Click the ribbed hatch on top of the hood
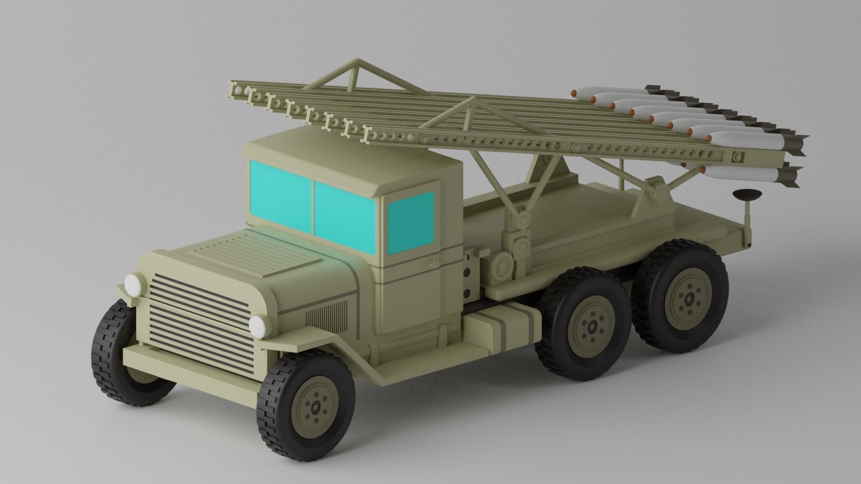coord(253,251)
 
